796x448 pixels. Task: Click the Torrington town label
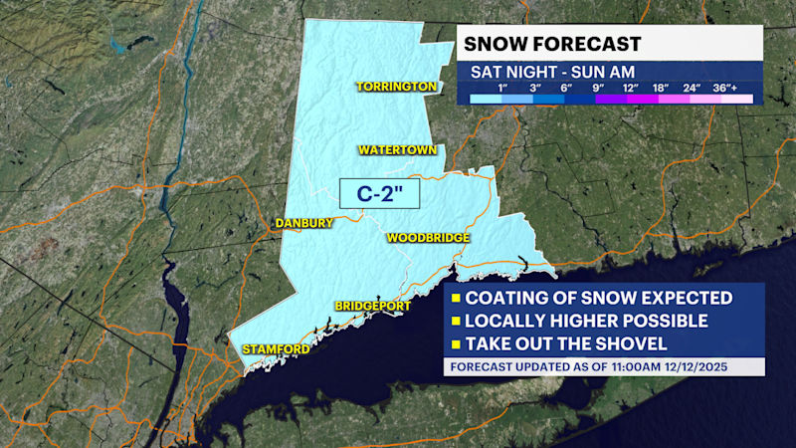397,87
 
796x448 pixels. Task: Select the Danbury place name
303,223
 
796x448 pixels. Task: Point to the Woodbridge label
427,238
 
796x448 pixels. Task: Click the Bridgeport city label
373,306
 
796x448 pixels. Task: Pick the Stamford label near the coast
276,349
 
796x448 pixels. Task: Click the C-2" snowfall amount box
378,192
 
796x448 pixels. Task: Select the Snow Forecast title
549,44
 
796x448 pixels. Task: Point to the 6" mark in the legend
567,89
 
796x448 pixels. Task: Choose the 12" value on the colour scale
630,89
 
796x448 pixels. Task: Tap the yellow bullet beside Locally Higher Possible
454,322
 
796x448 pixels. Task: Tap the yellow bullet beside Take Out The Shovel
454,344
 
